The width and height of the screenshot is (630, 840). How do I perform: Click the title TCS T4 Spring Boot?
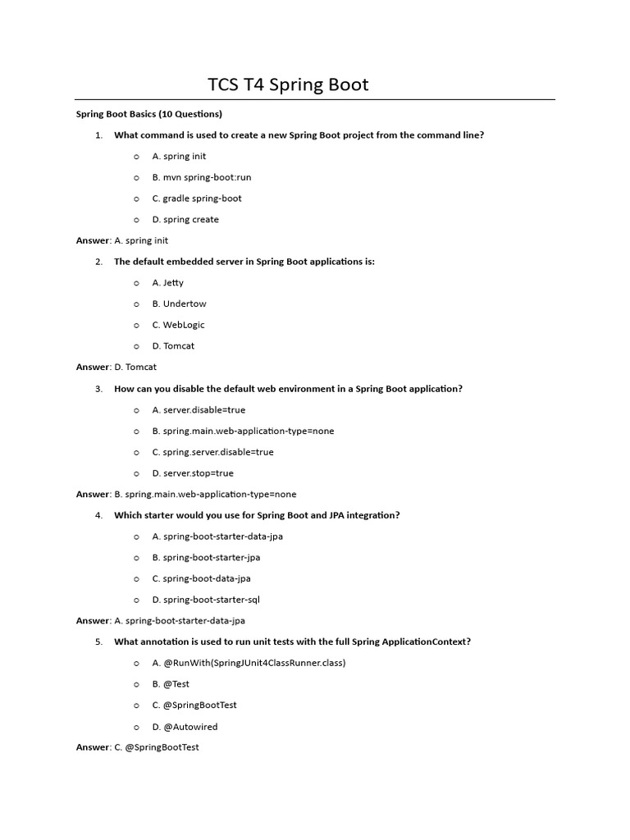[288, 84]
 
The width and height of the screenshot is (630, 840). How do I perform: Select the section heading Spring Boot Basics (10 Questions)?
[149, 114]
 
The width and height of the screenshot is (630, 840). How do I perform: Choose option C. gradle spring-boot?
[197, 199]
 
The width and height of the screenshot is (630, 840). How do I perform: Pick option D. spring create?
[185, 220]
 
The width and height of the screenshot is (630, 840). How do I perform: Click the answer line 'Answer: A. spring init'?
[122, 240]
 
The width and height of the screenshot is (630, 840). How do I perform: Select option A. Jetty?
[168, 283]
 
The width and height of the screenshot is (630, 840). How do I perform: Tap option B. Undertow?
[179, 304]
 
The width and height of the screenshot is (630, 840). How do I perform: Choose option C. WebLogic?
[179, 325]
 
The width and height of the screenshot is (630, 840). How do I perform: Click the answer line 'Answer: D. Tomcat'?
[116, 367]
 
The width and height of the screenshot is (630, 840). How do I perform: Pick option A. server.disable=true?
[199, 410]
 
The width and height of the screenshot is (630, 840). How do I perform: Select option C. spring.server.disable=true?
[212, 452]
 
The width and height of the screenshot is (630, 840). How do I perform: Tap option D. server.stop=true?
[193, 473]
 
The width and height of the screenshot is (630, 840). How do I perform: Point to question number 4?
[98, 515]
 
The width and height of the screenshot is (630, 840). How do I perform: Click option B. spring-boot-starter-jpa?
[206, 558]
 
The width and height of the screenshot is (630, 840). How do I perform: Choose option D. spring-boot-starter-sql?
[206, 600]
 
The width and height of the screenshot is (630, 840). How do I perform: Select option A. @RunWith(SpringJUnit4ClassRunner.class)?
[249, 663]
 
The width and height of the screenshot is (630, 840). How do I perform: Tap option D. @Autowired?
[185, 727]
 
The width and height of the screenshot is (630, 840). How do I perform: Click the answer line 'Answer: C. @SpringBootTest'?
[138, 747]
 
